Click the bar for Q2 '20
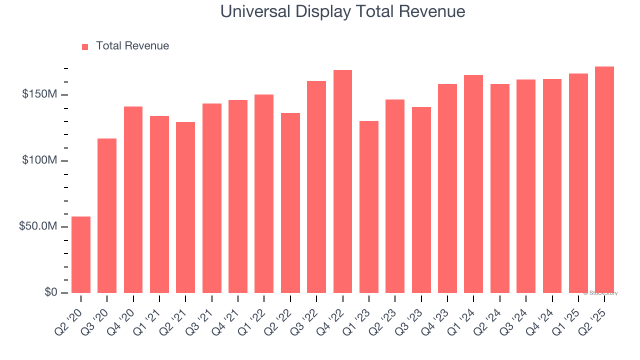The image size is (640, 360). click(x=81, y=254)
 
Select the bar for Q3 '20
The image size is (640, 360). click(x=107, y=215)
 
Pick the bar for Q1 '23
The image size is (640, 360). click(x=369, y=207)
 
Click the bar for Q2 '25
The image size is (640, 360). click(x=604, y=179)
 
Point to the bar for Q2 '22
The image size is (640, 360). click(x=290, y=203)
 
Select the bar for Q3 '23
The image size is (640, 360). click(x=421, y=200)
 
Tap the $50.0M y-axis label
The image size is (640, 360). click(x=38, y=226)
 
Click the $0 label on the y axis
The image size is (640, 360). click(x=51, y=292)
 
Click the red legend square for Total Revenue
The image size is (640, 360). click(x=85, y=46)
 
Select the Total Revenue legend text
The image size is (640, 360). click(x=132, y=46)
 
